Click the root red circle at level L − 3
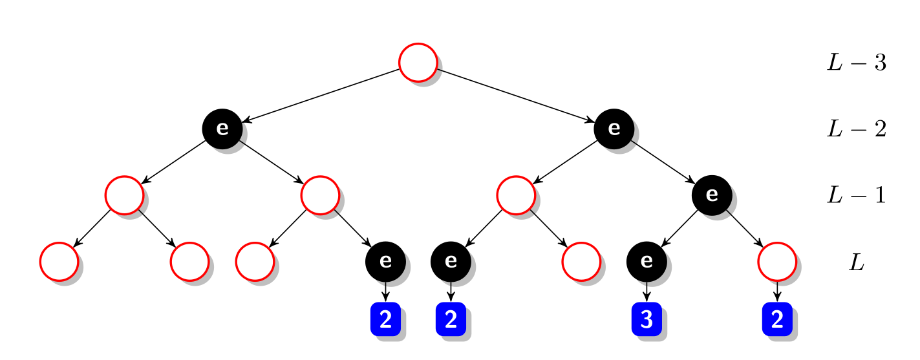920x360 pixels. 418,63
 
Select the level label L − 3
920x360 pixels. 855,63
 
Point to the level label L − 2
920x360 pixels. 855,129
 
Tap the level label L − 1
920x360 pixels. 855,195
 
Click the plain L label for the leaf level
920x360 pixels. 856,262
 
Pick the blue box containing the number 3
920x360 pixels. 646,319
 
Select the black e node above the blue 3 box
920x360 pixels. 646,261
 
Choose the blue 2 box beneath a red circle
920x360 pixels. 777,319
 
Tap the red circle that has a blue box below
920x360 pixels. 776,261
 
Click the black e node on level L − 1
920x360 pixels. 711,195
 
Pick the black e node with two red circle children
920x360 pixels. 222,128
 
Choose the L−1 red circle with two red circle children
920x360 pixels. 124,195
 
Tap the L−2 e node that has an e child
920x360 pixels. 614,128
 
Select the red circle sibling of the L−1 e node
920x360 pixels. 515,195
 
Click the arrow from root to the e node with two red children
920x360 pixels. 321,95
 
